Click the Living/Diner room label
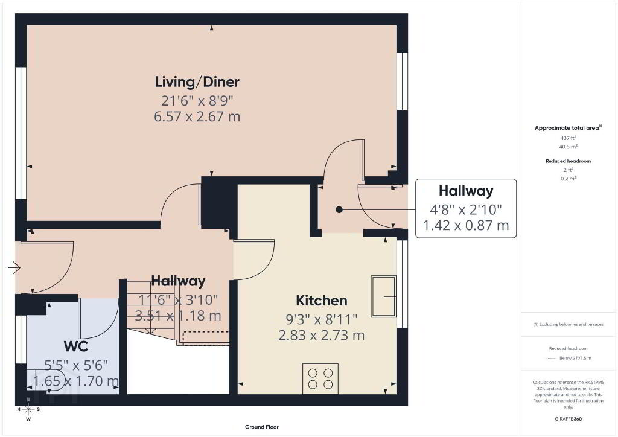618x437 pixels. point(197,82)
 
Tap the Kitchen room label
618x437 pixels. point(322,301)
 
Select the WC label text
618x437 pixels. point(76,346)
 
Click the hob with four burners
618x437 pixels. point(320,378)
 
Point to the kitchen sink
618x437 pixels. point(383,296)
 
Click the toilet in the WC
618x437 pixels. point(45,380)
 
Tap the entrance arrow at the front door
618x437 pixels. point(14,268)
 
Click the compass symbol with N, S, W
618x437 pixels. point(28,410)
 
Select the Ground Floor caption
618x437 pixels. point(262,427)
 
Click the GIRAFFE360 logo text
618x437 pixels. point(568,419)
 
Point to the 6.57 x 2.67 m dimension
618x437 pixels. point(197,116)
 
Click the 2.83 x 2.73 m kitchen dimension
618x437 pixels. point(322,336)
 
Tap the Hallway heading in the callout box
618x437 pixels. point(466,191)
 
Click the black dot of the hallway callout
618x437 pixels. point(339,209)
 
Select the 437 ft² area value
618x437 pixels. point(569,138)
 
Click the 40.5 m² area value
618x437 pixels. point(569,147)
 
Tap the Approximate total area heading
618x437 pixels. point(567,128)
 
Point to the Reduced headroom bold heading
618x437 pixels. point(568,161)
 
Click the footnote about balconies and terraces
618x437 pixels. point(568,324)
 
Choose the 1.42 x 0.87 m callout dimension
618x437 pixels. point(466,225)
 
